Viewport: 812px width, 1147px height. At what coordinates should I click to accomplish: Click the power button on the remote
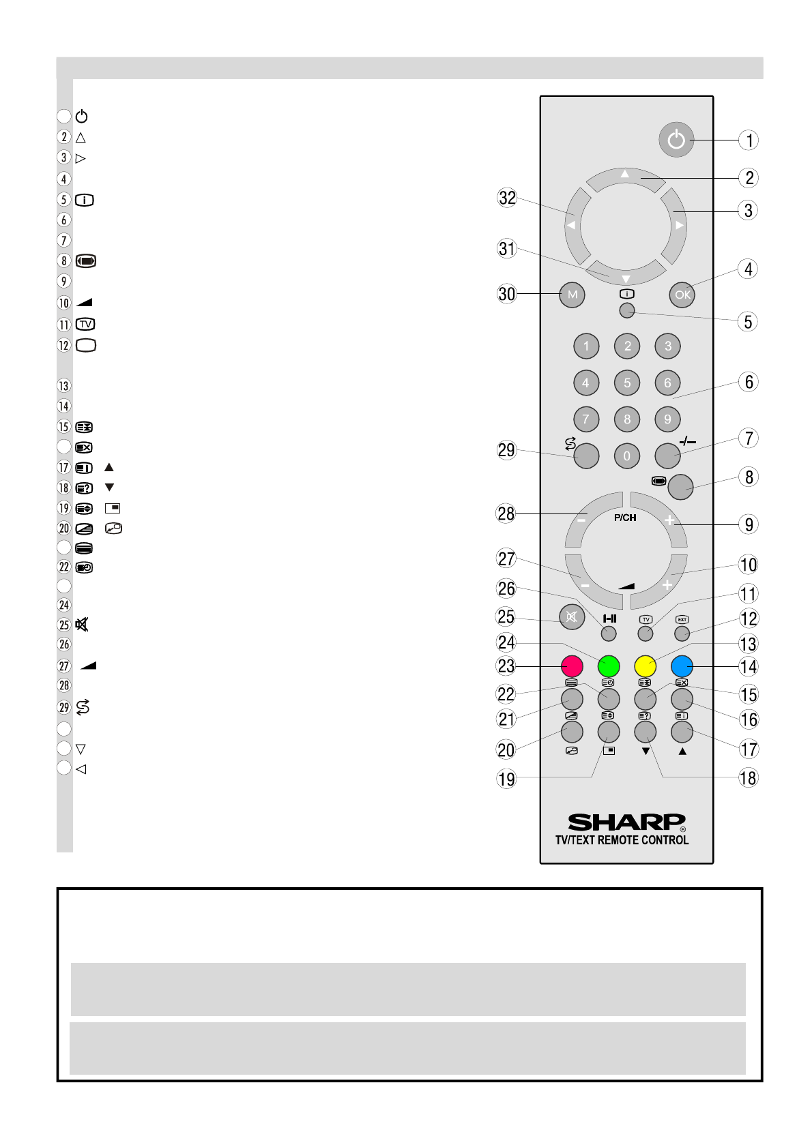(x=676, y=139)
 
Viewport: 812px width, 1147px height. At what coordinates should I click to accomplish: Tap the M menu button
(x=572, y=295)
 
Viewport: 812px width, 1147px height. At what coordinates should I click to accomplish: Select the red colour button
(x=572, y=666)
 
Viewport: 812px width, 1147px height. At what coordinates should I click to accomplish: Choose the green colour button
(x=609, y=666)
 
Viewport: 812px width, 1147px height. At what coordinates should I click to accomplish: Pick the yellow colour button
(x=645, y=666)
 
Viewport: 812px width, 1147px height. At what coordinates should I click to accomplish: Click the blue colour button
(x=682, y=666)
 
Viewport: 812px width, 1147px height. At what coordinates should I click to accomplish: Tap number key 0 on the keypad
(x=626, y=456)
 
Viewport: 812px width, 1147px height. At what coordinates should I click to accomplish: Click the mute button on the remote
(x=572, y=617)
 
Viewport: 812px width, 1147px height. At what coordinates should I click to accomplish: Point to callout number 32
(x=507, y=198)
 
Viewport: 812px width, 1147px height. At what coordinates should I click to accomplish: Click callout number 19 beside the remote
(x=507, y=779)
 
